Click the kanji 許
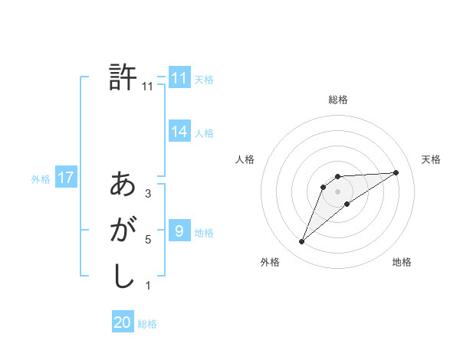tap(123, 78)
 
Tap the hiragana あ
tap(123, 185)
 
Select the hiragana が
tap(123, 231)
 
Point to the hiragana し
tap(123, 277)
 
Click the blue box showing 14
tap(179, 132)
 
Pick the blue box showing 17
tap(65, 178)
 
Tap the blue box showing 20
tap(123, 322)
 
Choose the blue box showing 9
tap(179, 231)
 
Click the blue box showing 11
tap(179, 78)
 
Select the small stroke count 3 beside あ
tap(148, 194)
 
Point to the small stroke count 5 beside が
tap(148, 240)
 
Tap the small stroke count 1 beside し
tap(148, 286)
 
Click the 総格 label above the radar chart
tap(338, 100)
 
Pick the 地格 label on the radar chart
tap(402, 262)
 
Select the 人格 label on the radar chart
tap(245, 159)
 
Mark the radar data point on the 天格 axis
tap(396, 172)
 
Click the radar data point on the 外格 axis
tap(301, 242)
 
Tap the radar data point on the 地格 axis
tap(347, 204)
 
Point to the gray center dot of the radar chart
tap(337, 191)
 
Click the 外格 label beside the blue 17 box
tap(41, 179)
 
